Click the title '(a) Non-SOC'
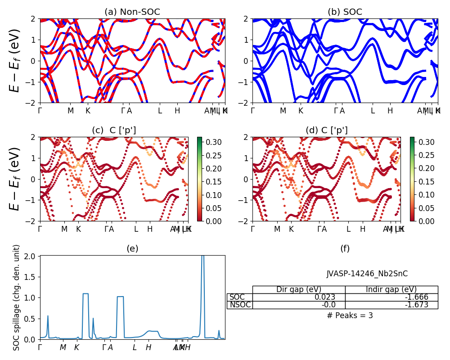point(132,12)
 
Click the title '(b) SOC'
point(345,12)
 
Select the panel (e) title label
point(132,248)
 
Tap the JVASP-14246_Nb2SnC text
point(367,274)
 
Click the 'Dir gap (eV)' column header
point(299,289)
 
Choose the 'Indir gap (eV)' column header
point(391,289)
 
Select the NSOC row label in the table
point(239,305)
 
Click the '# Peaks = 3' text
point(350,315)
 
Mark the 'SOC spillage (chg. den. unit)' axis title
point(17,297)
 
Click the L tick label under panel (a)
point(160,111)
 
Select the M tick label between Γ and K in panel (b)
point(283,111)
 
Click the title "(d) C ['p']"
point(327,130)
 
